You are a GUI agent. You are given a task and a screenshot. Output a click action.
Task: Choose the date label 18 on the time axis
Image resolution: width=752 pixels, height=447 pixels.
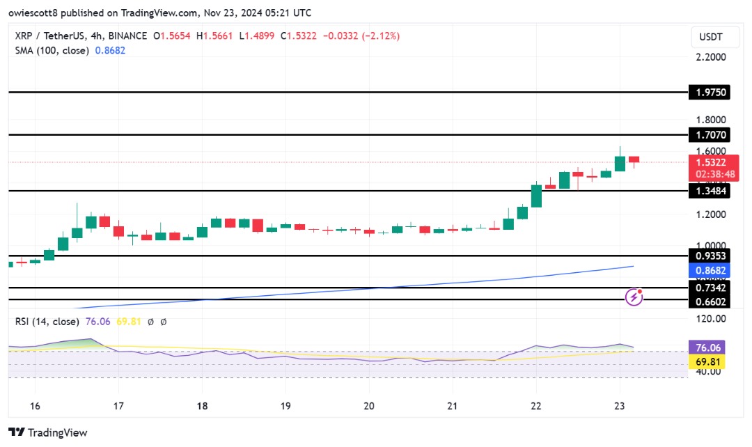pos(203,406)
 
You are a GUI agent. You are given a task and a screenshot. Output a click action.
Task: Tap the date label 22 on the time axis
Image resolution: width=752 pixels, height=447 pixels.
pos(536,406)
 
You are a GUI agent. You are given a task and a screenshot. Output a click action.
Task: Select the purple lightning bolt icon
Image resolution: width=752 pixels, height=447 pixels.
pos(634,297)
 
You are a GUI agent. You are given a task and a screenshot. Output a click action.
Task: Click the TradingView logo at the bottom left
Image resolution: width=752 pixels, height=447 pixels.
pos(48,432)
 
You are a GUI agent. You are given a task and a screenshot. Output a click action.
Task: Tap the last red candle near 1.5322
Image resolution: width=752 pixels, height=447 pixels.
pos(634,159)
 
